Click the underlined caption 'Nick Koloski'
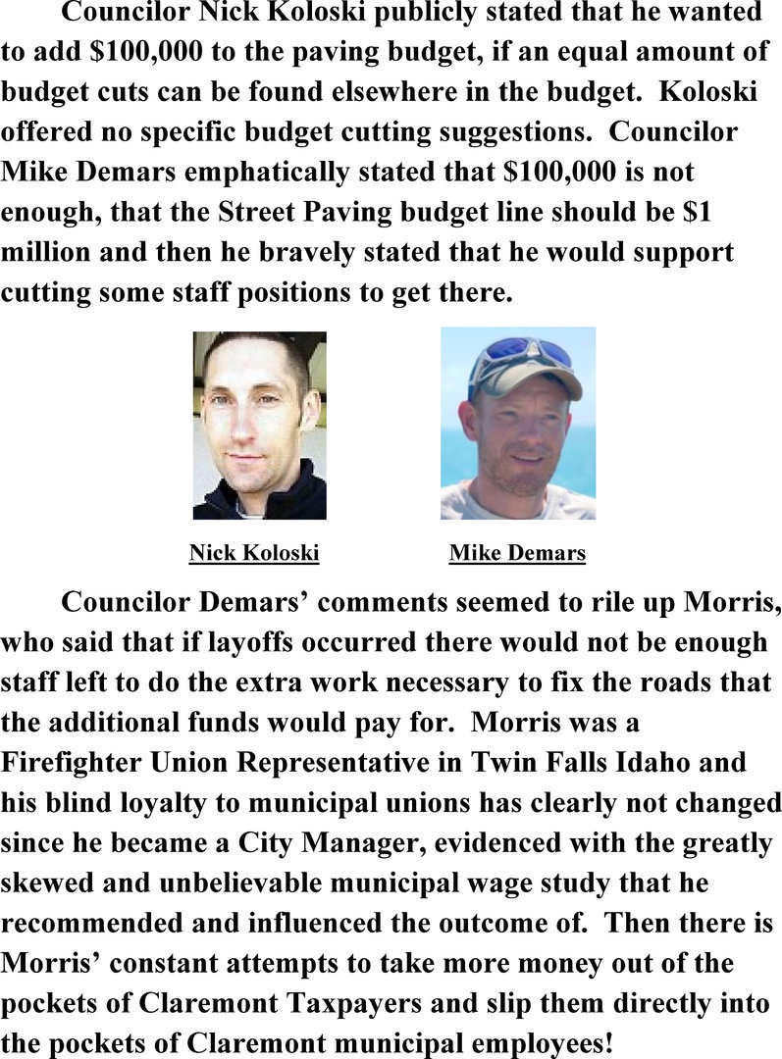pyautogui.click(x=254, y=553)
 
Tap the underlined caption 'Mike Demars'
pyautogui.click(x=517, y=553)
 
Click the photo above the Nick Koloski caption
pyautogui.click(x=259, y=425)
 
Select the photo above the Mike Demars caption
pyautogui.click(x=517, y=423)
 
